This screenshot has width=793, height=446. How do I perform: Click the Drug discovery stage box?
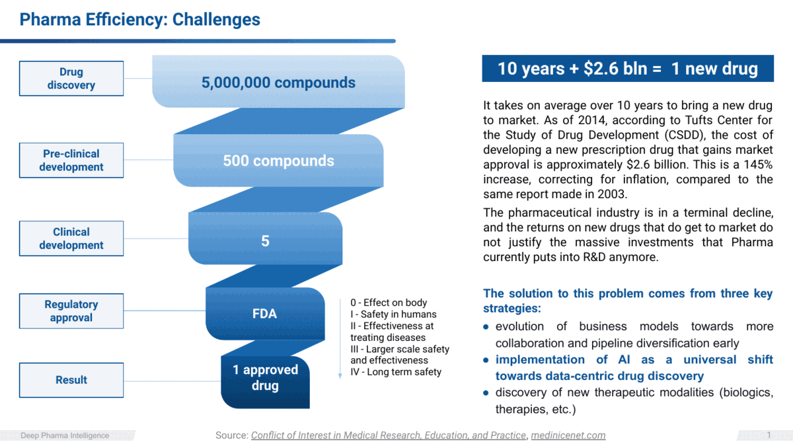click(71, 79)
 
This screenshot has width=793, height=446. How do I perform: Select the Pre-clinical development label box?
click(71, 161)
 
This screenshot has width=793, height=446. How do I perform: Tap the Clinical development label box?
click(71, 239)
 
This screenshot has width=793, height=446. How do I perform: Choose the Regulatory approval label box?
click(71, 311)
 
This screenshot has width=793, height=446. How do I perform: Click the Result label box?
click(71, 380)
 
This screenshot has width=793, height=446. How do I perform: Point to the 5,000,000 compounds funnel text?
click(278, 83)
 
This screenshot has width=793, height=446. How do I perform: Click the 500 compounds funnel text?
click(278, 161)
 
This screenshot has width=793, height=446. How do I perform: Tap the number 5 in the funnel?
click(265, 241)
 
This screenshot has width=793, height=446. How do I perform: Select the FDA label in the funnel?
click(264, 314)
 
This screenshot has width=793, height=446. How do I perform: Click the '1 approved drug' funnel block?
click(265, 382)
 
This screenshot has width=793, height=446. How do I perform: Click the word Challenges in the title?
click(216, 19)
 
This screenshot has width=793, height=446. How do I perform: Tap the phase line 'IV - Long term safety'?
click(396, 372)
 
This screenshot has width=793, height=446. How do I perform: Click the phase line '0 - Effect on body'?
click(389, 303)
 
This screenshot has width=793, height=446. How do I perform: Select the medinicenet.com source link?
click(568, 435)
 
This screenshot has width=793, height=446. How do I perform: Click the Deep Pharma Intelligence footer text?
click(65, 435)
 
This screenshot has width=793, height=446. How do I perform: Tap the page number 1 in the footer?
click(769, 435)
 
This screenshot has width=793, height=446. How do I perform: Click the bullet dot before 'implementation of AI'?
click(486, 360)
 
